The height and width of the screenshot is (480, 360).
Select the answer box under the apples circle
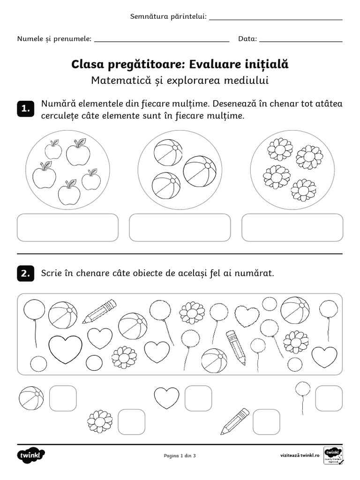coord(67,228)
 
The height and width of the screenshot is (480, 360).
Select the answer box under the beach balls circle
coord(180,228)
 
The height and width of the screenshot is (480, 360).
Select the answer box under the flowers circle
coord(292,228)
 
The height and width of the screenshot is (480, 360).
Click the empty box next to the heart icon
coord(198,398)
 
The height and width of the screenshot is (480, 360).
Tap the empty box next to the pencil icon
coord(266,422)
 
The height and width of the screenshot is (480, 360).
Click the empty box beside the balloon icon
coord(329,398)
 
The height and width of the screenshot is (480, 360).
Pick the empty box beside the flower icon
coord(131,422)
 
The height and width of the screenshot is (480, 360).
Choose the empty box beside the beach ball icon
coord(63,398)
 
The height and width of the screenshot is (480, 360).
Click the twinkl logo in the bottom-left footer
coord(31,455)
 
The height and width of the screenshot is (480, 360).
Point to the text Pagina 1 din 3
coord(180,456)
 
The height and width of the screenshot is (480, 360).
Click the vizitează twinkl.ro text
coord(300,456)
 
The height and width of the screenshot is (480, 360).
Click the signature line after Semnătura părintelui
coord(275,19)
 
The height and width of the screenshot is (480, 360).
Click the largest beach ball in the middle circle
coord(200,171)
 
